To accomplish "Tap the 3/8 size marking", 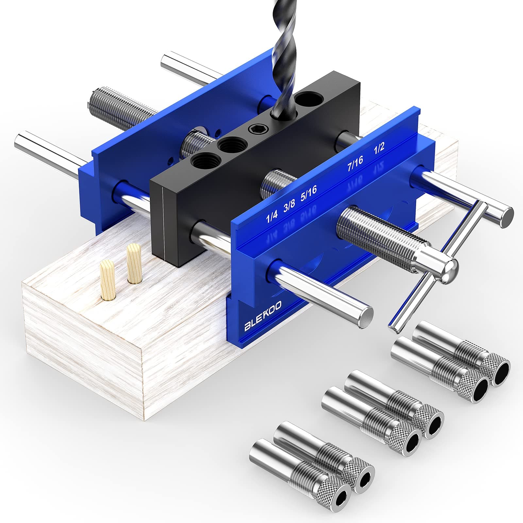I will (289, 207).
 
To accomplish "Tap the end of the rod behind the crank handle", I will (505, 217).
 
